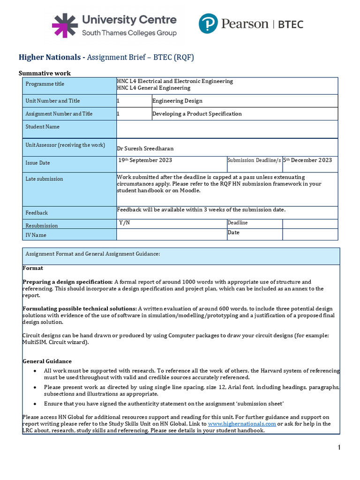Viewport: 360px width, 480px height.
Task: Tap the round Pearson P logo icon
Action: (208, 23)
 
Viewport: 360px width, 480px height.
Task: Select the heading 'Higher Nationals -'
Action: (52, 57)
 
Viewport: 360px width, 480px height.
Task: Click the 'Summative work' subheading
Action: (45, 73)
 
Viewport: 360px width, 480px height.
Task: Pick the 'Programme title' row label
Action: (45, 84)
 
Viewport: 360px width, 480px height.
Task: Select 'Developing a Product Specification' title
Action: (197, 114)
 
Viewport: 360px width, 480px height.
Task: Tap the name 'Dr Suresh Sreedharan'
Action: (145, 149)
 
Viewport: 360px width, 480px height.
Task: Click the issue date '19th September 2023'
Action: (145, 160)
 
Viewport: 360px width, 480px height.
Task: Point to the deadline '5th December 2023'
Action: (307, 160)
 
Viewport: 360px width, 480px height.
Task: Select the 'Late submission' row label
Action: (44, 179)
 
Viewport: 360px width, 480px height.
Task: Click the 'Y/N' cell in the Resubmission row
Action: (124, 223)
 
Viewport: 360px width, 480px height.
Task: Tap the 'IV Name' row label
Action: (36, 235)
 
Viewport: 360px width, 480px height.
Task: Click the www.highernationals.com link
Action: (242, 424)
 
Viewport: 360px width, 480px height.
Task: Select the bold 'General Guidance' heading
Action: (47, 361)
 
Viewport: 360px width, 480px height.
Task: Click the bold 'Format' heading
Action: (33, 268)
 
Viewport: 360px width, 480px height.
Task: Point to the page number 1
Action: (339, 448)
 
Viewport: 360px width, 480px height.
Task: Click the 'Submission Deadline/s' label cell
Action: (254, 160)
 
